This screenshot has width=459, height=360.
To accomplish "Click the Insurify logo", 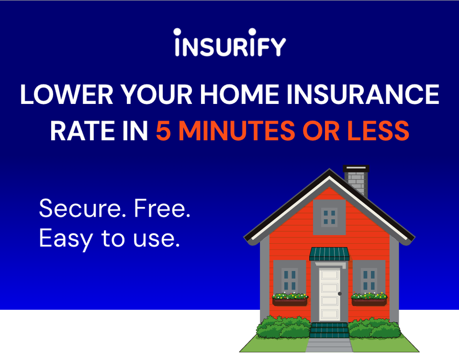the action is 230,43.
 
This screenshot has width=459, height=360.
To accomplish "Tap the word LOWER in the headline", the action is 67,94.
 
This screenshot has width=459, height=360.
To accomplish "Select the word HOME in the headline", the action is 239,94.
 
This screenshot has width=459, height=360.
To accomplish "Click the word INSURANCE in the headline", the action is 363,94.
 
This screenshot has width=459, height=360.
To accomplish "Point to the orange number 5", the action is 163,131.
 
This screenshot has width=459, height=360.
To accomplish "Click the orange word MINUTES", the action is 237,131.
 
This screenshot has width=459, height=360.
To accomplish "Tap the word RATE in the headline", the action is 82,131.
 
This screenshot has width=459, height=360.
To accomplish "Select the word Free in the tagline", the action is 162,208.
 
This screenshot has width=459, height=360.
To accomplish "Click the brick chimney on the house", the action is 356,180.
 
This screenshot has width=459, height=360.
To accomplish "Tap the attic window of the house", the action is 330,217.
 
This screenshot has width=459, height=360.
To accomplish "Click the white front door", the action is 330,294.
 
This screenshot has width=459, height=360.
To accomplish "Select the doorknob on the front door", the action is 340,293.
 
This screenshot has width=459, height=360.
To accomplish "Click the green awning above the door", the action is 330,254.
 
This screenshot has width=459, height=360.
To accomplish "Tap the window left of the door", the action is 290,278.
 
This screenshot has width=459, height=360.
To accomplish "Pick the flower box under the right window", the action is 369,300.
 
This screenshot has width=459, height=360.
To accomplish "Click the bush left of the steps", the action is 283,327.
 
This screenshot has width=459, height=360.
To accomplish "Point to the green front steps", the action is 330,330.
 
